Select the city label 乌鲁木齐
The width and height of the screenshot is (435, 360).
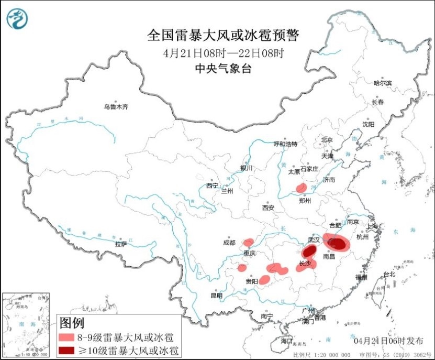coord(115,107)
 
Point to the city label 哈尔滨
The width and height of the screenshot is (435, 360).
coord(382,83)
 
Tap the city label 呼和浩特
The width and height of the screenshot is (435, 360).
coord(285,144)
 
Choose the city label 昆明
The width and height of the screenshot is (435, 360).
coord(216,296)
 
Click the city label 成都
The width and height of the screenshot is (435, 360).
coord(229,242)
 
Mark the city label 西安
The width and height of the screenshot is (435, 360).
coord(268,208)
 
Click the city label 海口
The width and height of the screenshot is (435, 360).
coord(286,341)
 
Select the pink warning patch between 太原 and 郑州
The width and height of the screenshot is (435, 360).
coord(302,188)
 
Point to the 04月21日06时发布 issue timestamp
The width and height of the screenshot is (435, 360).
coord(388,341)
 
